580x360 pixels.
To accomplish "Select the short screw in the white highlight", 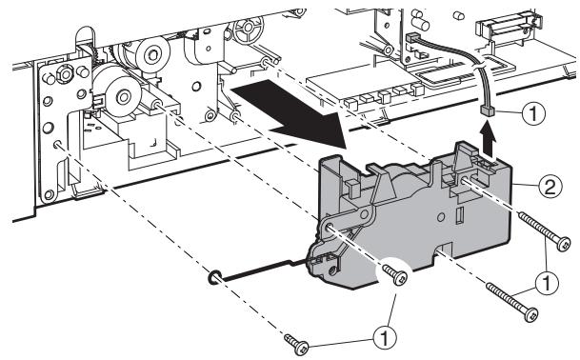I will pyautogui.click(x=393, y=276).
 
